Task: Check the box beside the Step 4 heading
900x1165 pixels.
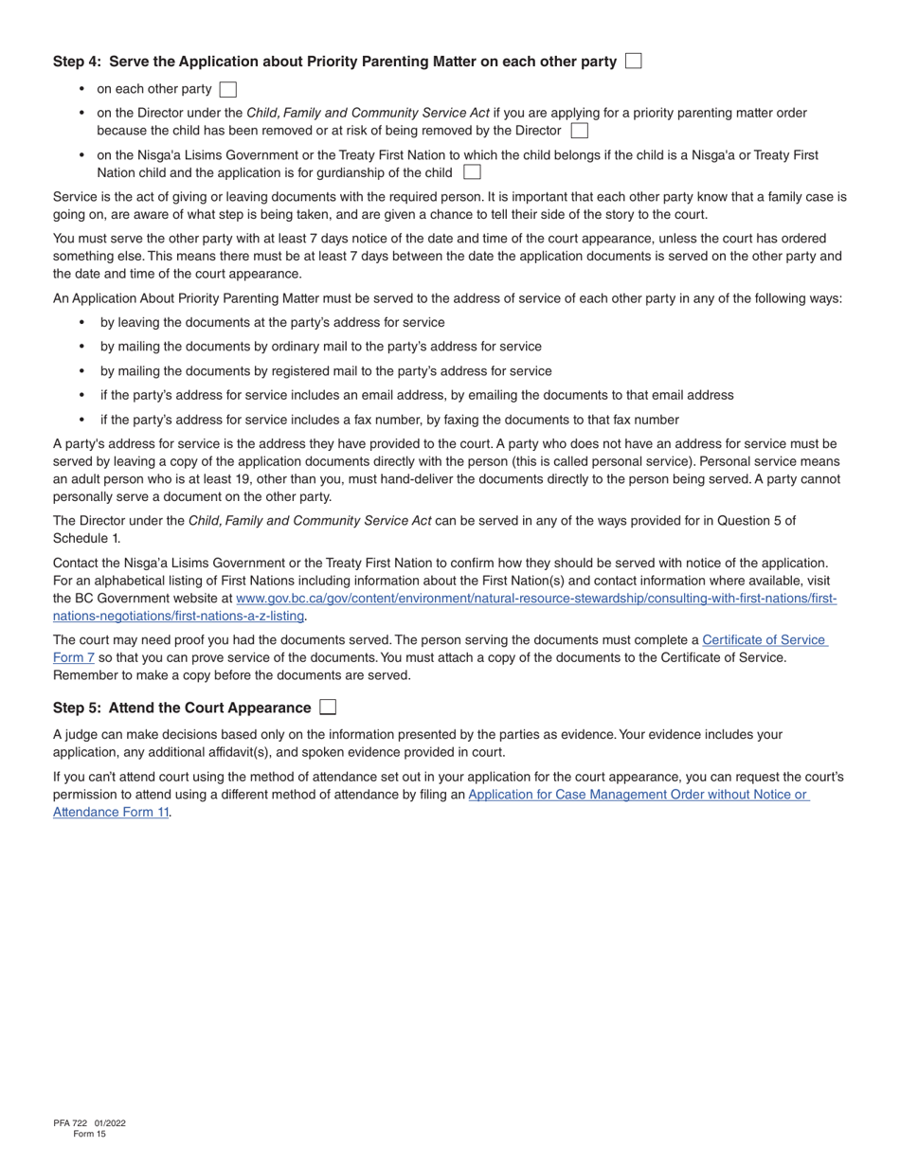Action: pos(634,61)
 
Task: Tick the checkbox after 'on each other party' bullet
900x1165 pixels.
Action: pos(227,89)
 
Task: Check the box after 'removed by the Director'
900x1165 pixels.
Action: pos(580,131)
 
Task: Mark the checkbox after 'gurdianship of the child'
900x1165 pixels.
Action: pos(472,172)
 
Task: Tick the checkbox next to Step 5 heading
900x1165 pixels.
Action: pos(328,708)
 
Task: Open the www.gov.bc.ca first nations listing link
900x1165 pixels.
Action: pos(535,599)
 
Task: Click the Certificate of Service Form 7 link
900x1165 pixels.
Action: pos(764,640)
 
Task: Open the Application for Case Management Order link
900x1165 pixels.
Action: pos(638,795)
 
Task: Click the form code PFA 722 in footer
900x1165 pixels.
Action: pos(70,1123)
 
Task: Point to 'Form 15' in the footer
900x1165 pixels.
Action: pos(89,1134)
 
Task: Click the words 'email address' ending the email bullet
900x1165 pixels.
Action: pos(694,395)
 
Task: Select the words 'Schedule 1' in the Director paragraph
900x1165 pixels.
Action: pos(85,538)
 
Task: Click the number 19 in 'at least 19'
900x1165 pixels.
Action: pos(237,479)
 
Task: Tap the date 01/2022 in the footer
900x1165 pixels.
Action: pos(110,1123)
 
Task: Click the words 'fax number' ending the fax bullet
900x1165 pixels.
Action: pos(647,420)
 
